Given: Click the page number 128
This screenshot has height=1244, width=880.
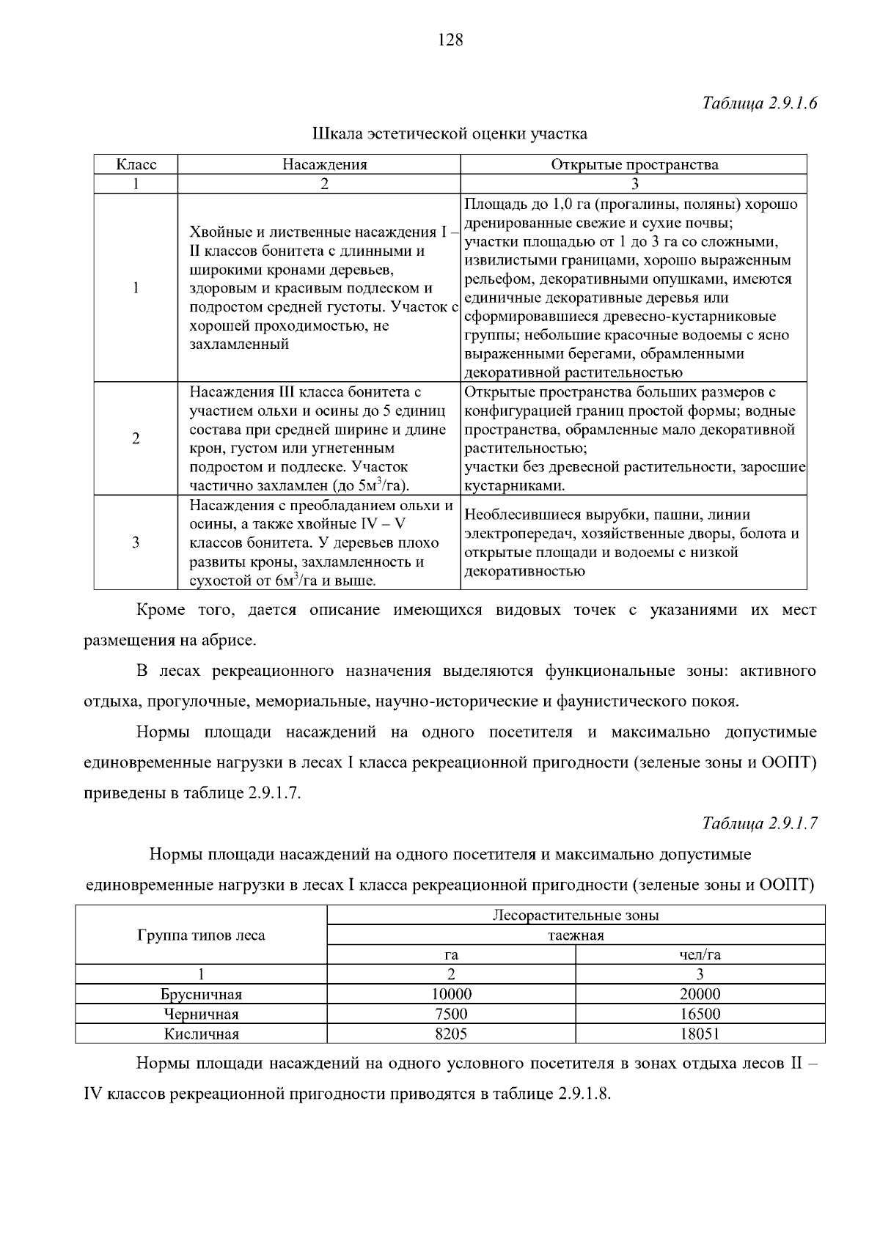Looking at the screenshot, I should [x=450, y=40].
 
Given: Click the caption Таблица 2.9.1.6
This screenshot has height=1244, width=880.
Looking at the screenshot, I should [x=760, y=103].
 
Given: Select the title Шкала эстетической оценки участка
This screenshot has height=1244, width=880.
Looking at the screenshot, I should [x=450, y=134].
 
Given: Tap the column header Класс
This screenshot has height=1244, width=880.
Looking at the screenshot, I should [x=136, y=164].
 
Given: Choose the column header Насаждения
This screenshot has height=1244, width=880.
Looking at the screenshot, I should [x=325, y=164].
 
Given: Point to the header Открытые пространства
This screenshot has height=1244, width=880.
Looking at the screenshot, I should [x=634, y=164].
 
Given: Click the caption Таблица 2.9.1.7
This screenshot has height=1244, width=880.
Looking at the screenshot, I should [x=760, y=823].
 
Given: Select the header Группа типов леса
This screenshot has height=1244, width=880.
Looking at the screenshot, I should [x=201, y=935].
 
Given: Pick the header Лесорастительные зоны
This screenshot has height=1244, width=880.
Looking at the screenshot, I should [x=576, y=915].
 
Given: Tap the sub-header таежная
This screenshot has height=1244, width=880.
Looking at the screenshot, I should [x=576, y=935].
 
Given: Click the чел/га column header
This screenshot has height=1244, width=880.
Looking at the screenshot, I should [x=700, y=954].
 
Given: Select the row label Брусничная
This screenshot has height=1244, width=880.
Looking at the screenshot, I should [x=201, y=995].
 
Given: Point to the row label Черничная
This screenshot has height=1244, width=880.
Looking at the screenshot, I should [x=201, y=1015].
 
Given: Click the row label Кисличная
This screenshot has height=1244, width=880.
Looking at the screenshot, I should [x=201, y=1034].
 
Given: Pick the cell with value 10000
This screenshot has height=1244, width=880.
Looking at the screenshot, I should [x=451, y=995].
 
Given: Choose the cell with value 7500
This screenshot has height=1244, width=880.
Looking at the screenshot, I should [x=451, y=1015].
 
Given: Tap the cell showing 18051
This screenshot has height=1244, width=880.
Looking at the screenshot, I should [x=700, y=1034].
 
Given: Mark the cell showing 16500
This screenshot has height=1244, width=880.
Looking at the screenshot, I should [x=700, y=1015].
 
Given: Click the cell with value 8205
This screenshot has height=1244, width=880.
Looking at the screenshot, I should [x=451, y=1034].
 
